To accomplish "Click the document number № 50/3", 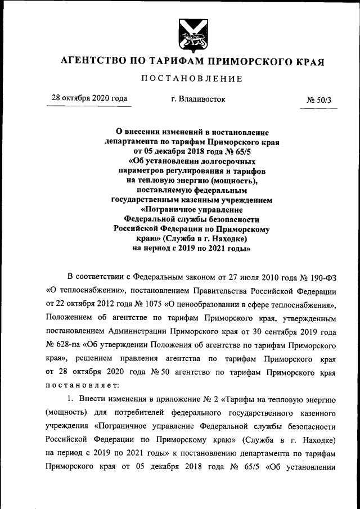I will [x=319, y=100].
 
